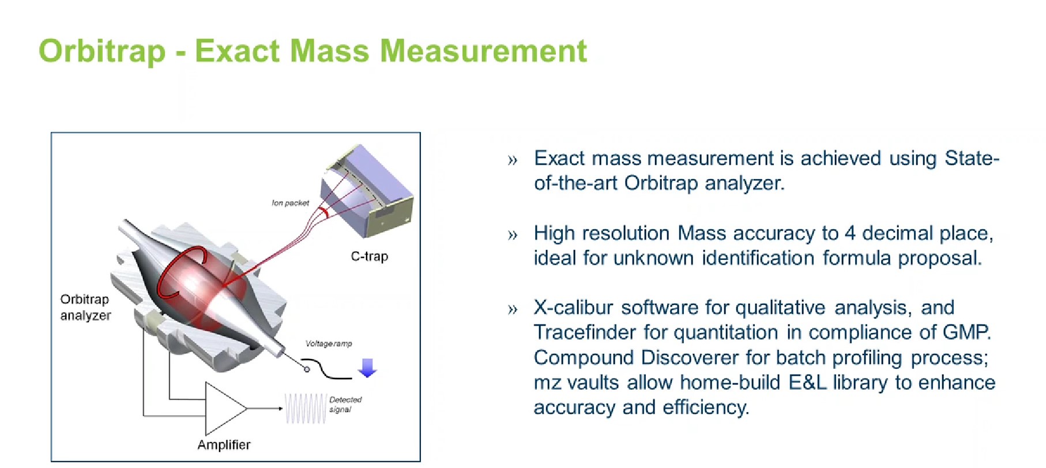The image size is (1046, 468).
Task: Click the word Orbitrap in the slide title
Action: (102, 51)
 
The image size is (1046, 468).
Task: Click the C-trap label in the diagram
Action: (370, 256)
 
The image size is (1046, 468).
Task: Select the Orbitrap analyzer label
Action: (85, 307)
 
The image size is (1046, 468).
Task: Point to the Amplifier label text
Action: (224, 444)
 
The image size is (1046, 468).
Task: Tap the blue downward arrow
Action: (367, 367)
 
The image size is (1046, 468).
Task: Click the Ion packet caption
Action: (290, 203)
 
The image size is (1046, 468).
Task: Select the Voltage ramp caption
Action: (329, 344)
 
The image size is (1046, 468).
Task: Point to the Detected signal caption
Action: (345, 404)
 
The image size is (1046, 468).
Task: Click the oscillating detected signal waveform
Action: (306, 409)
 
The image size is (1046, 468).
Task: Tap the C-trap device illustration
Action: (367, 191)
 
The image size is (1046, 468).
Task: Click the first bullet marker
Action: (513, 160)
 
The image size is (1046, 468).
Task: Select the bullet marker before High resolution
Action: (513, 235)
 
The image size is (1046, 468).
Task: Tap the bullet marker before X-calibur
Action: (513, 310)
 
